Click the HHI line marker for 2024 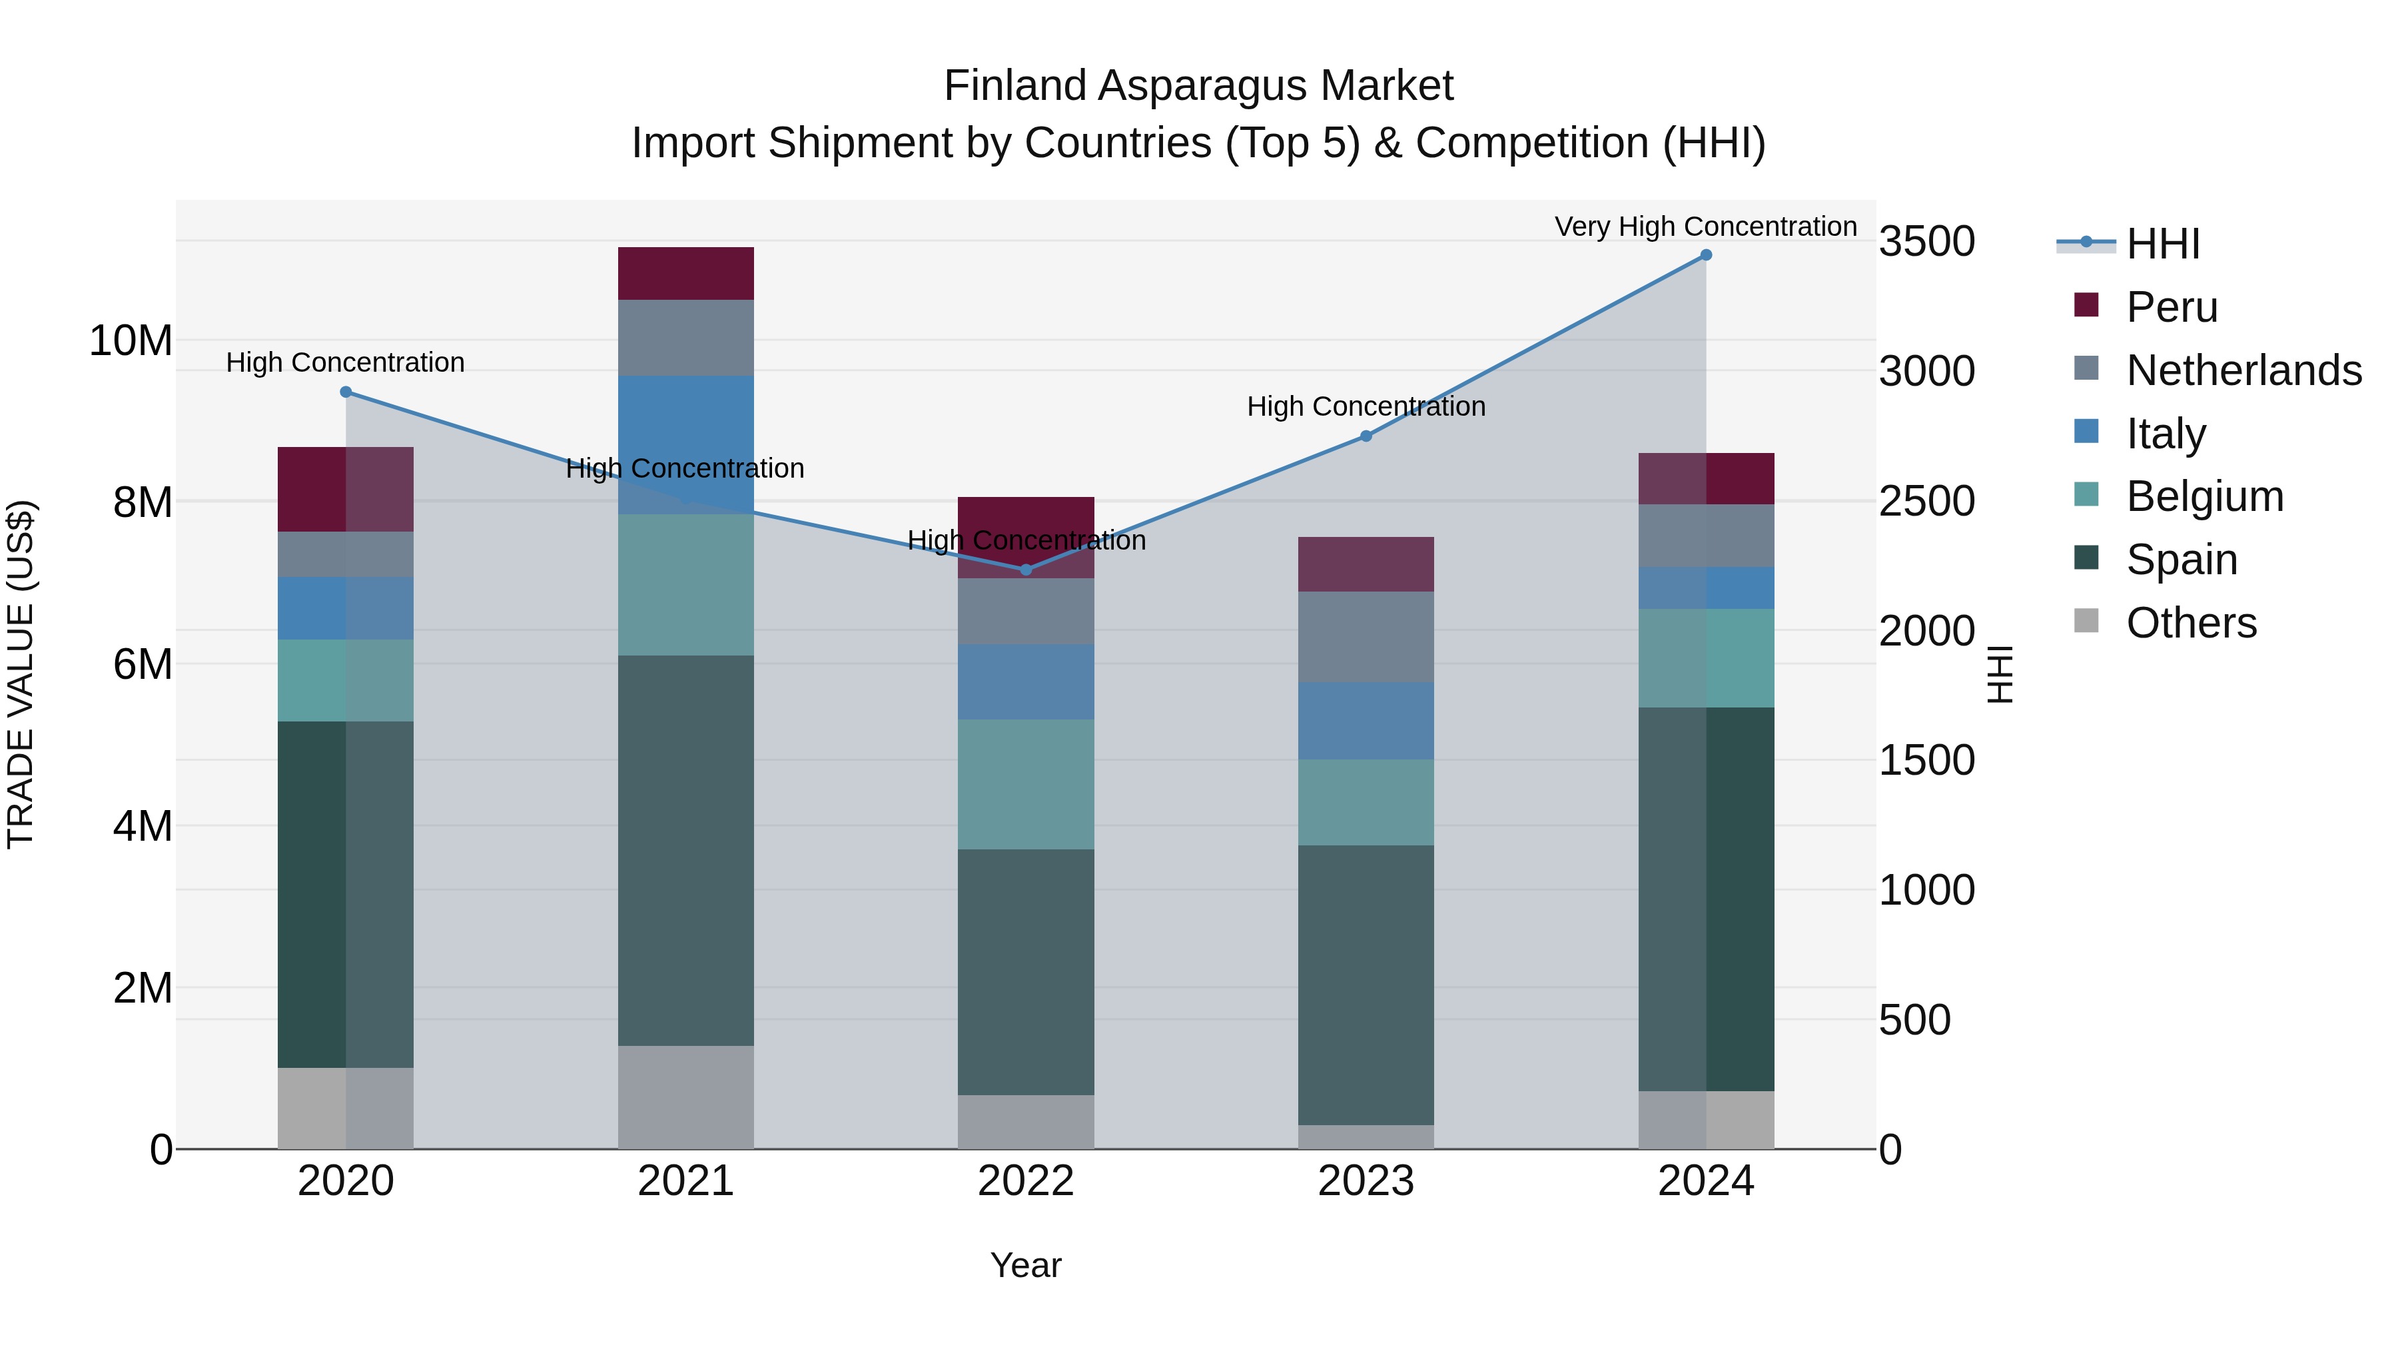coord(1705,255)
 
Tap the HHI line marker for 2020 coord(345,392)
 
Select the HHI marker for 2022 coord(1026,570)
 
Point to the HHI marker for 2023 coord(1366,436)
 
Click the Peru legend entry coord(2171,307)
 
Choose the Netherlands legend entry coord(2243,370)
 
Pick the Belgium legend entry coord(2203,496)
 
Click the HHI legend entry coord(2162,244)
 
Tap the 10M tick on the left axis coord(131,340)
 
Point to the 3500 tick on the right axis coord(1926,241)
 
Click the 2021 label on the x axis coord(685,1181)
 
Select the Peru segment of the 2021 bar coord(685,274)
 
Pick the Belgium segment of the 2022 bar coord(1026,784)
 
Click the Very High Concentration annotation coord(1705,226)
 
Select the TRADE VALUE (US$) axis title coord(21,674)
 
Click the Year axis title coord(1026,1265)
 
